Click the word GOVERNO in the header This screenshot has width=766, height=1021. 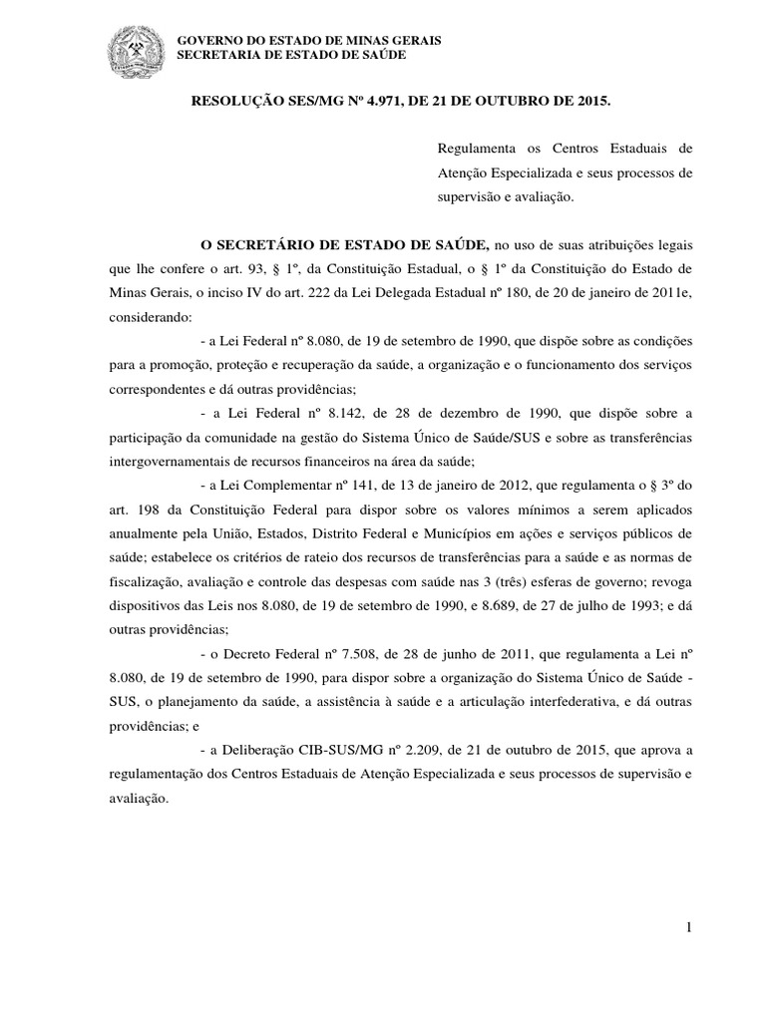(205, 39)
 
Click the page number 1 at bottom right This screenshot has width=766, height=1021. (688, 928)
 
